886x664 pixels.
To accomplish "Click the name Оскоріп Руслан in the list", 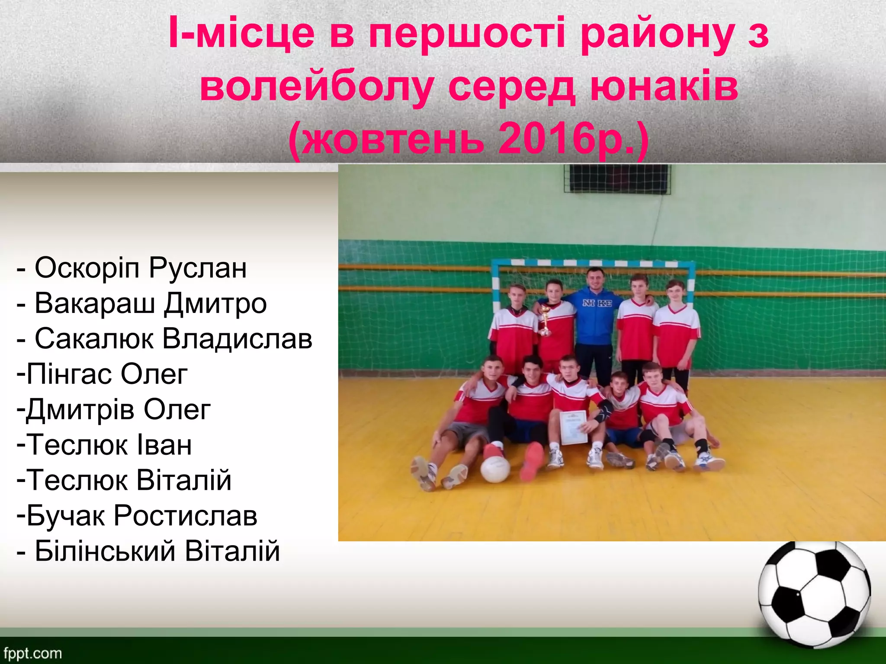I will point(140,268).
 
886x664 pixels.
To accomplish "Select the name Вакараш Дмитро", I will point(150,304).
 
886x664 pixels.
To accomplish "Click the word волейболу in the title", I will point(317,86).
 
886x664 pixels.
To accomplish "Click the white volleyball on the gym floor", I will point(496,469).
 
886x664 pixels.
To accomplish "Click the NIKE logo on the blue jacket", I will point(597,303).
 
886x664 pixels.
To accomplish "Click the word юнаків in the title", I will point(664,86).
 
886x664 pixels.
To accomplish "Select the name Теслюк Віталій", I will point(128,481).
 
